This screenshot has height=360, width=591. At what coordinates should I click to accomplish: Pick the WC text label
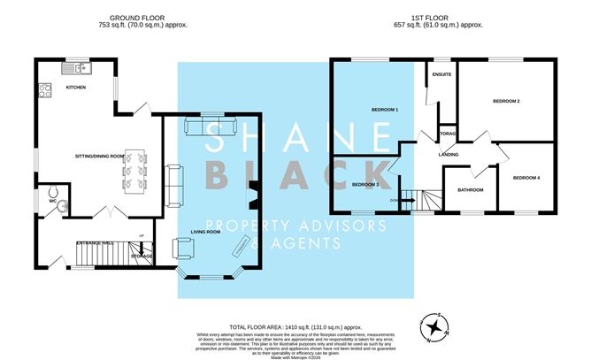[x=53, y=201]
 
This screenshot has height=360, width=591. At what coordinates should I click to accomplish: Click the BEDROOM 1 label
[x=385, y=109]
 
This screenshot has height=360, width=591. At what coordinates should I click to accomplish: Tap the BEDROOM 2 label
[x=504, y=102]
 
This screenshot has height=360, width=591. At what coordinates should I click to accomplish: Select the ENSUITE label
[x=441, y=74]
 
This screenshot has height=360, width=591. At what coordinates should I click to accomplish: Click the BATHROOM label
[x=470, y=189]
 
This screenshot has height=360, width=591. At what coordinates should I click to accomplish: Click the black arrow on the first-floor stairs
[x=408, y=201]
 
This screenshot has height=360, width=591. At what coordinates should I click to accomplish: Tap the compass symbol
[x=434, y=328]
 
